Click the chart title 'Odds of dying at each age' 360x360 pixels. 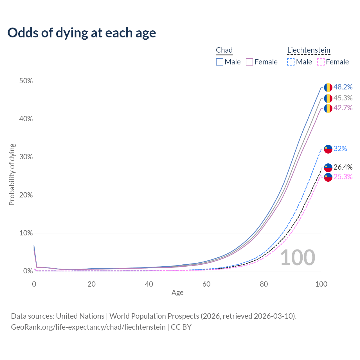[x=82, y=33]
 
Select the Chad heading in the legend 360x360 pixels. [x=224, y=50]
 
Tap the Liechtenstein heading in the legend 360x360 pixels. [x=309, y=50]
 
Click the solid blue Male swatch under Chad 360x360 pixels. [x=220, y=62]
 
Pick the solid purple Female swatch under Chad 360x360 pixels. [x=249, y=62]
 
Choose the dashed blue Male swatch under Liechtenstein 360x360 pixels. [x=291, y=62]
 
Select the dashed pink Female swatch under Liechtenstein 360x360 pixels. [x=321, y=62]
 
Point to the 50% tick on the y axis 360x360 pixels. [x=26, y=81]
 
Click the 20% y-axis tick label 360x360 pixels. [x=26, y=195]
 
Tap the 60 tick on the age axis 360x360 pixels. [x=206, y=284]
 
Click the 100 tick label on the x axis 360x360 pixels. [x=321, y=284]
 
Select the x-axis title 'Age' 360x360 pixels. [x=177, y=293]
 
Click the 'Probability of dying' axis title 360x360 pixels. [x=12, y=175]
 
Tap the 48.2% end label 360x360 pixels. [x=343, y=87]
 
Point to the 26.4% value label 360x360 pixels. [x=343, y=167]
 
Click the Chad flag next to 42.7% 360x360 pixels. [x=328, y=108]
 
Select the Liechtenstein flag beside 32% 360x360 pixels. [x=328, y=149]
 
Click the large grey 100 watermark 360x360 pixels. [x=298, y=258]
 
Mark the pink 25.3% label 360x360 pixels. [x=343, y=177]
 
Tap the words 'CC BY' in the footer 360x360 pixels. [x=181, y=327]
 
